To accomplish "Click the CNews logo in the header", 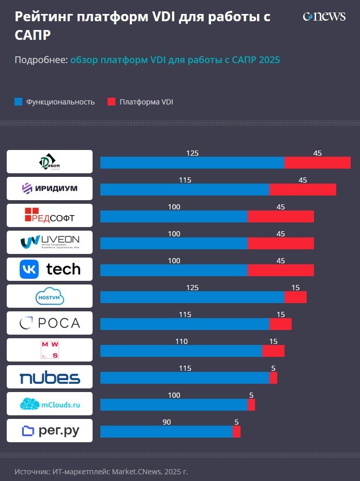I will coord(324,17).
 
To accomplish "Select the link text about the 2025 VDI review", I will coord(175,60).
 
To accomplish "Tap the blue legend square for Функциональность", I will coord(19,102).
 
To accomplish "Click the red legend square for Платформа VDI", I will coord(112,102).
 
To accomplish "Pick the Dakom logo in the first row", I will coord(50,162).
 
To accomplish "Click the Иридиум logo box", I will coord(50,188).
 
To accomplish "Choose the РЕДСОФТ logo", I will coord(50,215).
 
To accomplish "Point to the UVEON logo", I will coord(50,242).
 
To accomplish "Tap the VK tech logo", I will coord(50,269).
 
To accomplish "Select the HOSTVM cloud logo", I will coord(50,296).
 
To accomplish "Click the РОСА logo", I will coord(50,323).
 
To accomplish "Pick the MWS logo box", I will coord(50,350).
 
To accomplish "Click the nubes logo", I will coord(50,377).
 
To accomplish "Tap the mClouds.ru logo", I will coord(50,404).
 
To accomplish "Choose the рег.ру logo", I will coord(50,431).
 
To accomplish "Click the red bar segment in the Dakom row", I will coord(318,162).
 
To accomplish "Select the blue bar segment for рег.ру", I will coord(166,431).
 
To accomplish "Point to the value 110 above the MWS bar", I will coord(181,341).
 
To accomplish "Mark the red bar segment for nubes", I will coord(273,378).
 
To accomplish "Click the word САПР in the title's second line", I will coord(33,36).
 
